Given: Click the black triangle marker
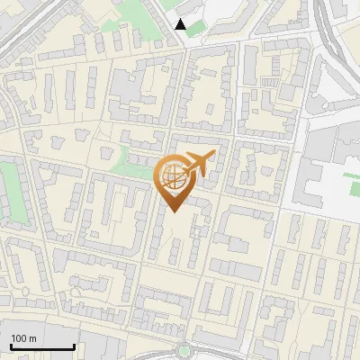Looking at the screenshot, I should pyautogui.click(x=181, y=24).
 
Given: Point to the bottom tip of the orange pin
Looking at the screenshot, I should pyautogui.click(x=173, y=211).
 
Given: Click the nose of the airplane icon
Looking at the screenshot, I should pyautogui.click(x=214, y=155).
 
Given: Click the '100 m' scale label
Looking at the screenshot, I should pyautogui.click(x=24, y=338).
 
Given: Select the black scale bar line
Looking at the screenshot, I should pyautogui.click(x=42, y=346).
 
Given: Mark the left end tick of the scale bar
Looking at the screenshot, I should pyautogui.click(x=11, y=345).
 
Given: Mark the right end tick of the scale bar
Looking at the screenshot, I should pyautogui.click(x=74, y=345).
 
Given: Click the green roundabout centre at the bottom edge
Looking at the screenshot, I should pyautogui.click(x=185, y=354).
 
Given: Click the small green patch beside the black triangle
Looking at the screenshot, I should pyautogui.click(x=195, y=29).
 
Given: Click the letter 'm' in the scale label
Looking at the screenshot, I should pyautogui.click(x=31, y=338).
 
